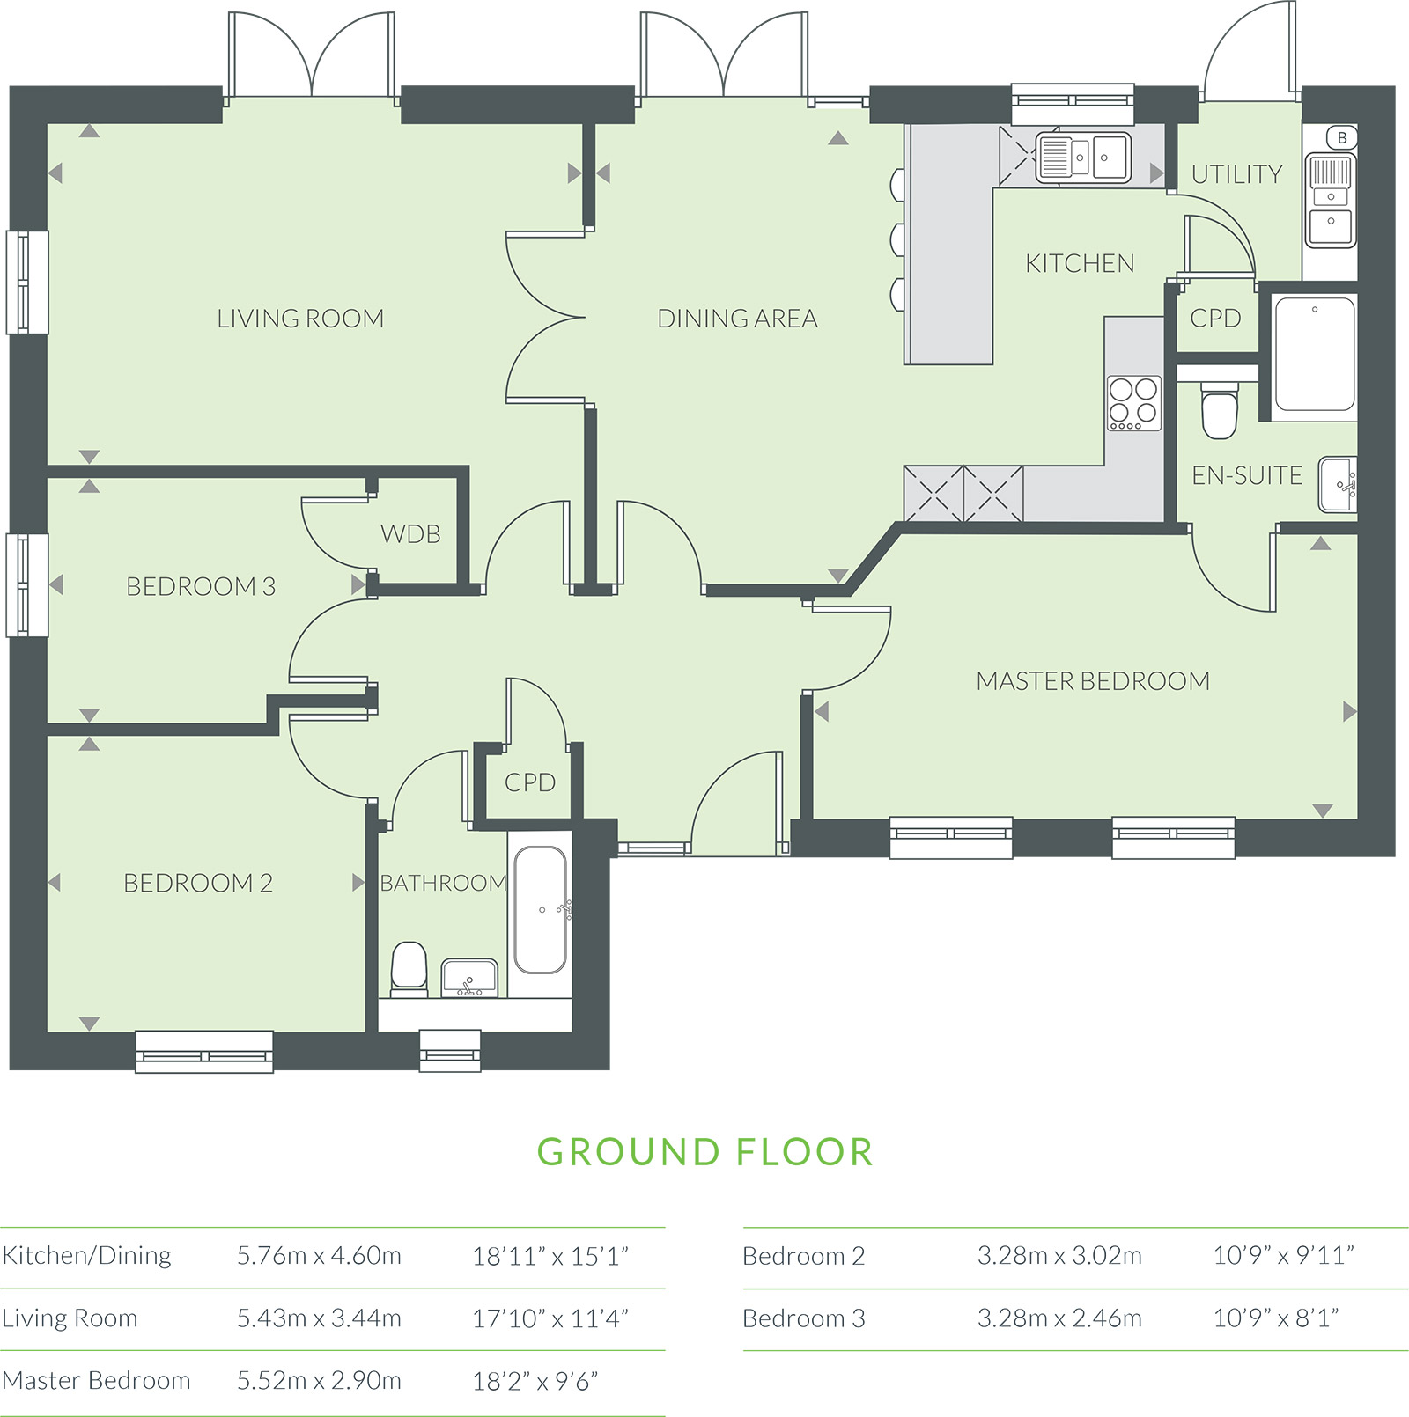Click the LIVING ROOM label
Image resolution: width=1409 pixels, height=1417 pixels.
point(300,319)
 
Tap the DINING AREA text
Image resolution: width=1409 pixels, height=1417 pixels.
point(737,319)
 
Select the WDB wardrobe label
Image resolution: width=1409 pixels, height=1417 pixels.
point(410,534)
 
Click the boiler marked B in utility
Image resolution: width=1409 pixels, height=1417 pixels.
point(1342,137)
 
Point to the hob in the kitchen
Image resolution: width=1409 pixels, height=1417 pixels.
point(1134,403)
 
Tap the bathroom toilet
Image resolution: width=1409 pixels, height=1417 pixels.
point(409,969)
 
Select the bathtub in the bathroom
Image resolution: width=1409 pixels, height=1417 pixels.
point(540,910)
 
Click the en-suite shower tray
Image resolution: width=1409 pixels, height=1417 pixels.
point(1314,354)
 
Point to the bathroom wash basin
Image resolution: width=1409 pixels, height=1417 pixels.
point(469,978)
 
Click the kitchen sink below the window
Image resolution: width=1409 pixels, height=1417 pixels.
point(1082,158)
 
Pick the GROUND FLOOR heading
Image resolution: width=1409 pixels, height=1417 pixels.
point(705,1152)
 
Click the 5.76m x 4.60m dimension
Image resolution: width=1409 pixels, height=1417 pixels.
point(319,1255)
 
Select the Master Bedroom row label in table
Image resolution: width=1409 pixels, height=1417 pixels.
point(96,1380)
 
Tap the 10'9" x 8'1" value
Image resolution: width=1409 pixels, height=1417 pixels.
point(1276,1318)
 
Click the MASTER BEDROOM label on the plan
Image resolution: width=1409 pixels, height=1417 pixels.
point(1093,681)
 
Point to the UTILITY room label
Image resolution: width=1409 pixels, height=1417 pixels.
point(1236,174)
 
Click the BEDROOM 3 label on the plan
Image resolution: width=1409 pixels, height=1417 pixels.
point(201,586)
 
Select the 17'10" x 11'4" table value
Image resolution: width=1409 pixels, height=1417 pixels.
point(550,1318)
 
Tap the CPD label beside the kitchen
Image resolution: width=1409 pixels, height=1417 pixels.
point(1215,318)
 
